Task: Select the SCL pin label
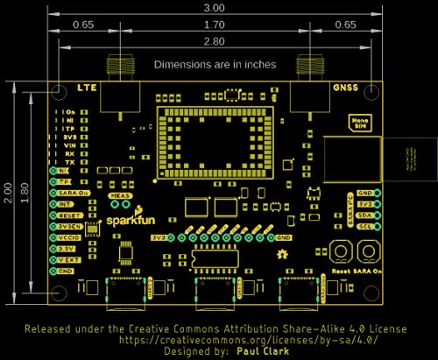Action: pos(364,225)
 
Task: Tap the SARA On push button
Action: pos(365,251)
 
